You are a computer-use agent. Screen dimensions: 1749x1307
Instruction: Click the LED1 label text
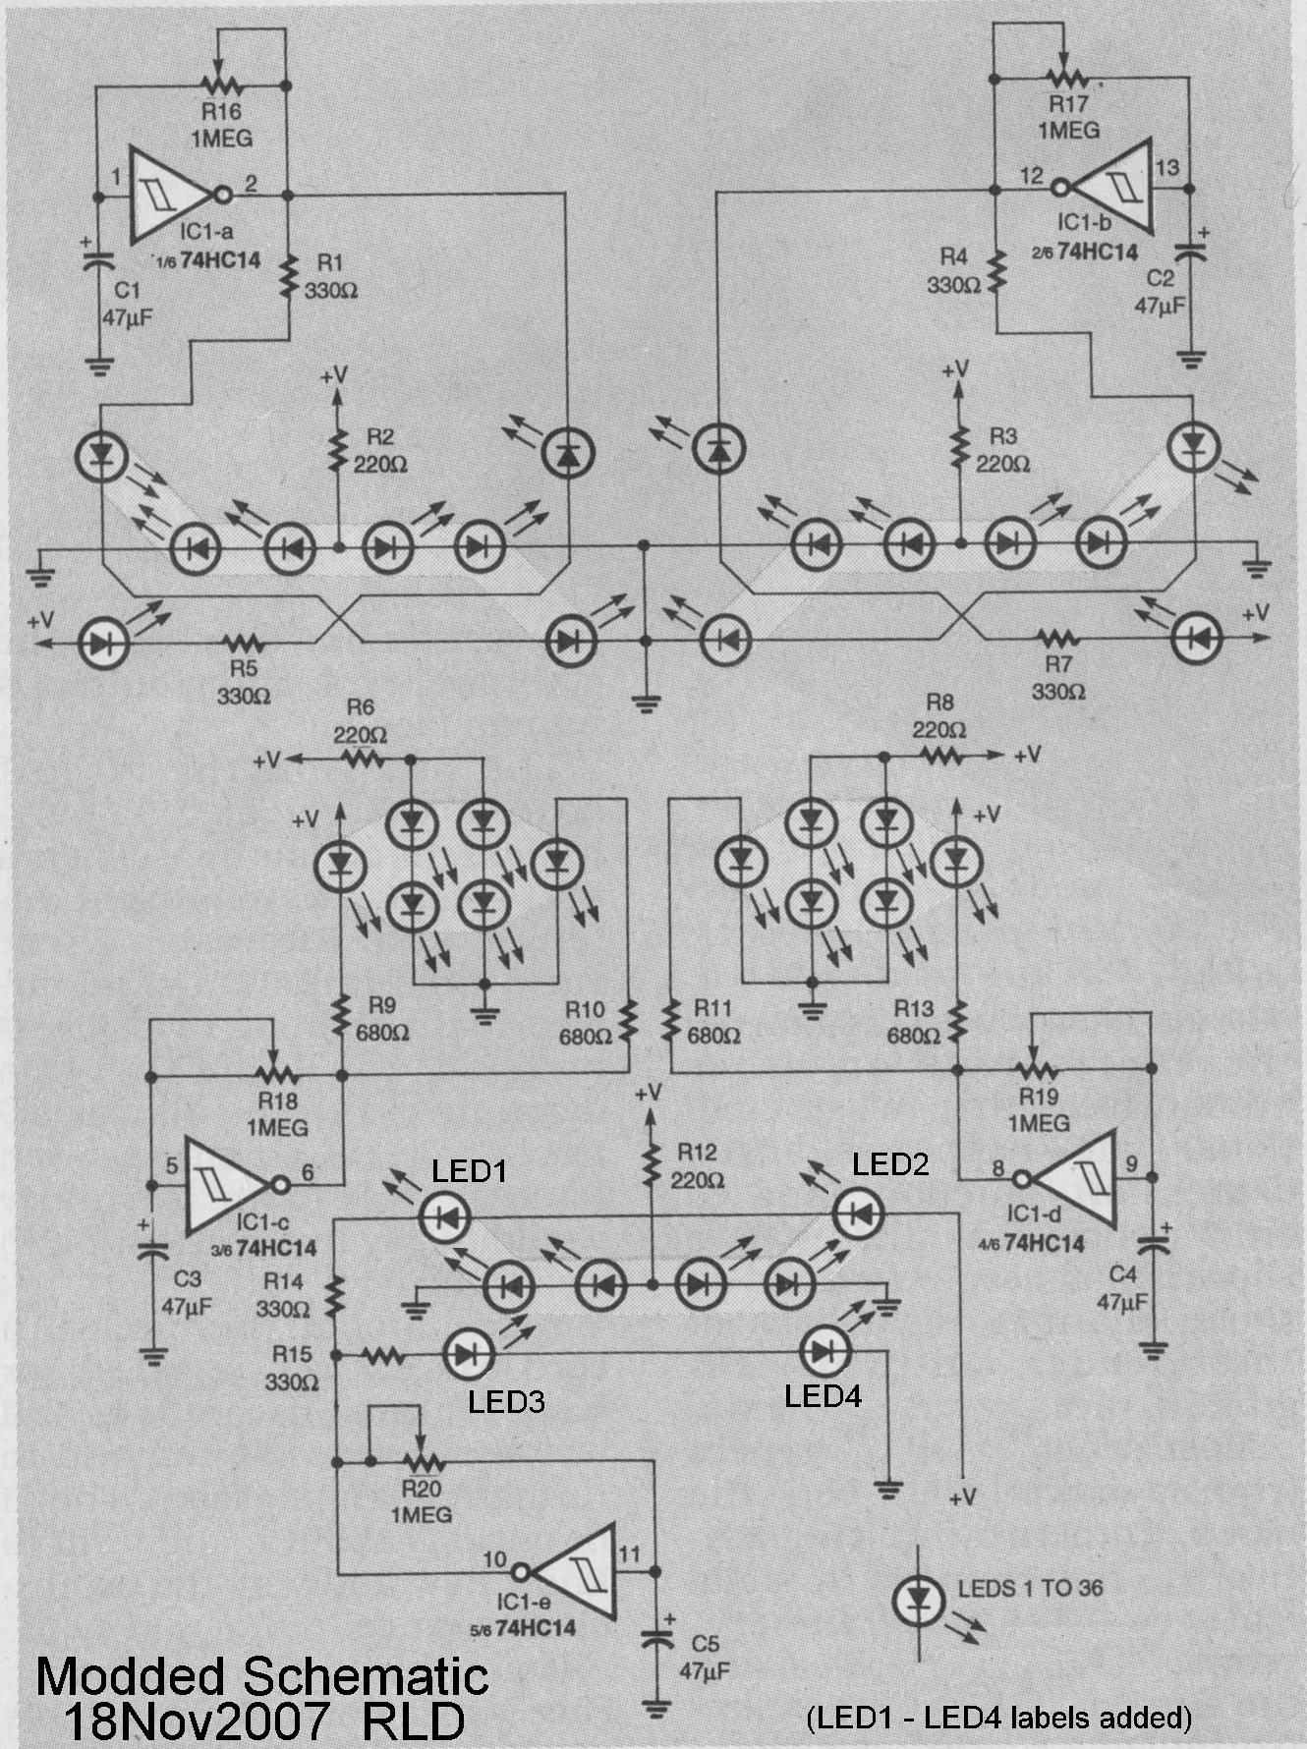[x=470, y=1170]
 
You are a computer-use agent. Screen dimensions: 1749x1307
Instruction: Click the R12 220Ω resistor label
[x=696, y=1165]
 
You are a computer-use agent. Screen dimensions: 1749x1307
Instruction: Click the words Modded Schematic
[x=261, y=1675]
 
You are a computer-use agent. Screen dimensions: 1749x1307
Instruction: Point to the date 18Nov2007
[x=194, y=1721]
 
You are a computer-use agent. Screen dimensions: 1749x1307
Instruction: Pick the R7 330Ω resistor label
[x=1057, y=679]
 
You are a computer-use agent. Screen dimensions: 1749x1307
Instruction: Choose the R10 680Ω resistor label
[x=585, y=1022]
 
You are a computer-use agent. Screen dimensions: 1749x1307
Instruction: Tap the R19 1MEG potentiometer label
[x=1039, y=1108]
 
